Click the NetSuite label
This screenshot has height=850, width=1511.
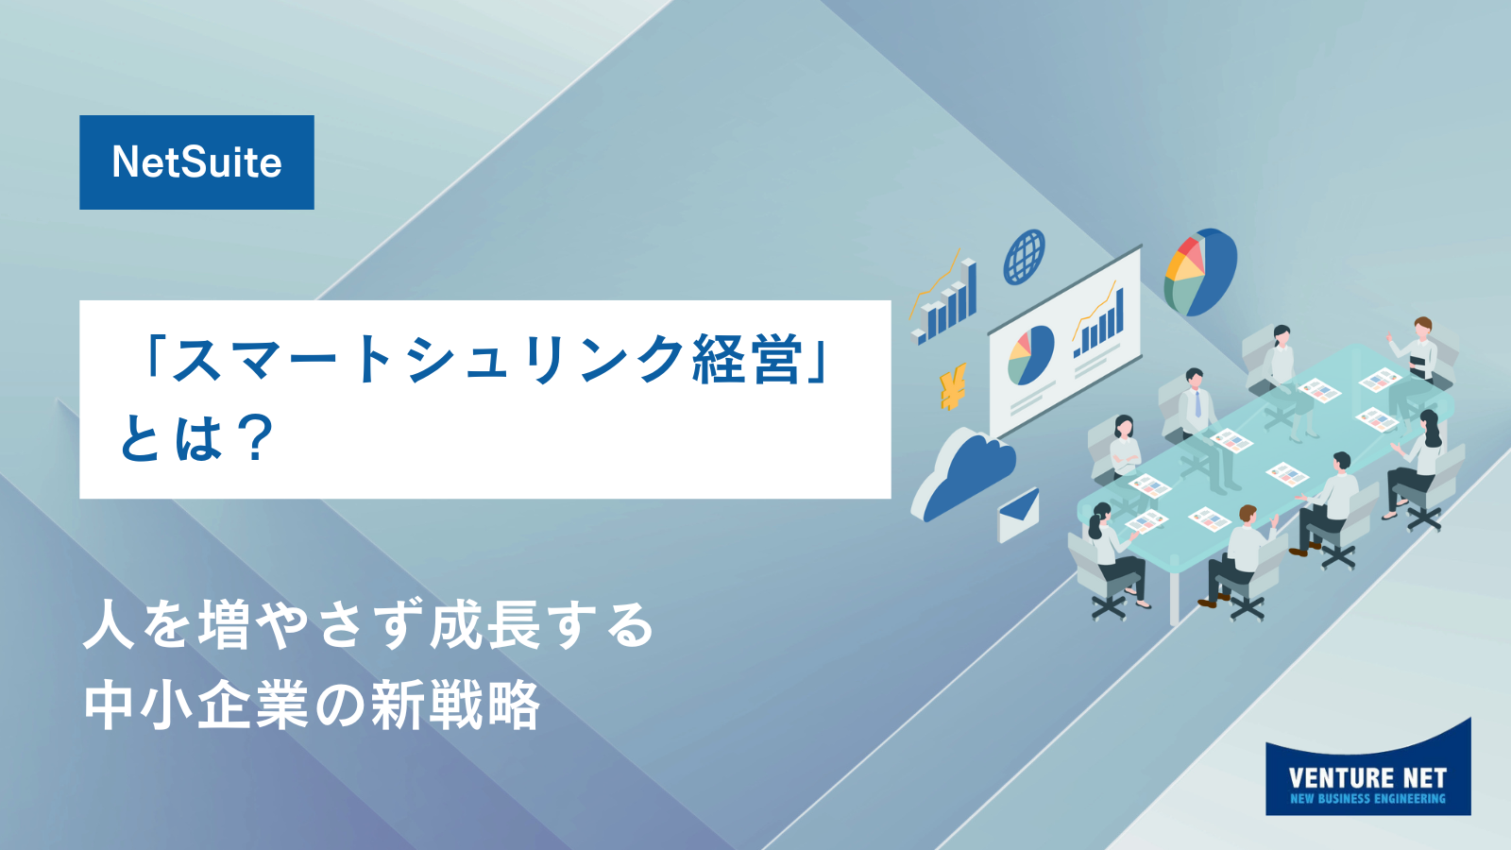coord(196,162)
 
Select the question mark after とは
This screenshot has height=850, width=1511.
coord(256,438)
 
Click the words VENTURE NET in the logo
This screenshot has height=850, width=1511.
coord(1367,778)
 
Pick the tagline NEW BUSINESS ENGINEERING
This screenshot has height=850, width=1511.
coord(1367,799)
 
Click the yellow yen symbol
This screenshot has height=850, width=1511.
coord(953,386)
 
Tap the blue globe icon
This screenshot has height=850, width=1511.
coord(1024,256)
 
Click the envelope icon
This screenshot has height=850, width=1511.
coord(1019,516)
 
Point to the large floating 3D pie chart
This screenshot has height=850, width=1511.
coord(1200,272)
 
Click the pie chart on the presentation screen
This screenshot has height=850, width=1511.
coord(1030,355)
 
